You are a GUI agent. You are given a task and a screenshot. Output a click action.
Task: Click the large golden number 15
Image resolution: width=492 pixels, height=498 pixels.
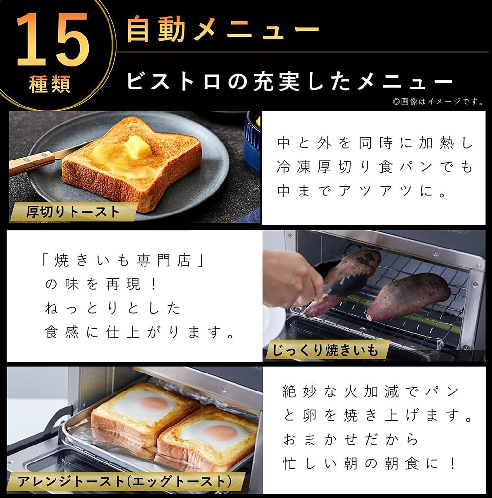coord(53,40)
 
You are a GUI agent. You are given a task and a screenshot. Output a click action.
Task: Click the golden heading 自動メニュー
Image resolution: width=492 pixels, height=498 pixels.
coord(222,30)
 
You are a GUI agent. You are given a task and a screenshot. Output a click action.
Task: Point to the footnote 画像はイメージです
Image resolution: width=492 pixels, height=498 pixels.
coord(438,102)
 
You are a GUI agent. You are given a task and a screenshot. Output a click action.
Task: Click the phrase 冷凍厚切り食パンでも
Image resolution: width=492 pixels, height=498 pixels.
coord(375,167)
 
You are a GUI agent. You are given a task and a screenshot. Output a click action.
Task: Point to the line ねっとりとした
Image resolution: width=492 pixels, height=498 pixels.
coord(112,308)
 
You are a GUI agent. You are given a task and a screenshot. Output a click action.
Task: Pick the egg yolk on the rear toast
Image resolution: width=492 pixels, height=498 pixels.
coord(154,403)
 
